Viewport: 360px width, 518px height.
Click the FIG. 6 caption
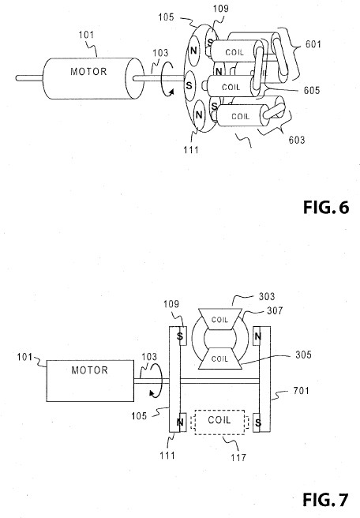pyautogui.click(x=326, y=208)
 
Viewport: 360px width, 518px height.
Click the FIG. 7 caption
pyautogui.click(x=325, y=500)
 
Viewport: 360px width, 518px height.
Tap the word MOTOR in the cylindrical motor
pyautogui.click(x=88, y=72)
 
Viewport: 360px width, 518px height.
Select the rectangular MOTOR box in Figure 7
pyautogui.click(x=90, y=381)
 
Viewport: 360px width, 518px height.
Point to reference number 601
pyautogui.click(x=313, y=44)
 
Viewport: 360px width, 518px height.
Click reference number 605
pyautogui.click(x=312, y=90)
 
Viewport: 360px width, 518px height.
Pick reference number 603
pyautogui.click(x=297, y=140)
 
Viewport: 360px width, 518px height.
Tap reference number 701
pyautogui.click(x=302, y=391)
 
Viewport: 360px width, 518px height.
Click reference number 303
pyautogui.click(x=267, y=296)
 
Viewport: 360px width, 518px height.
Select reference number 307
pyautogui.click(x=275, y=310)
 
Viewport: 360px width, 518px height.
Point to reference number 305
pyautogui.click(x=303, y=355)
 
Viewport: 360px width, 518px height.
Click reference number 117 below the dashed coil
pyautogui.click(x=238, y=457)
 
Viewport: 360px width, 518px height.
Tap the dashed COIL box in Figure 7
pyautogui.click(x=219, y=422)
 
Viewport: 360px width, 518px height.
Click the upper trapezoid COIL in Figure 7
pyautogui.click(x=220, y=319)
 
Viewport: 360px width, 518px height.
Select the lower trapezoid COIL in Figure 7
pyautogui.click(x=220, y=358)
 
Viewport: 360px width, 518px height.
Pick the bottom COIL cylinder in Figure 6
pyautogui.click(x=241, y=115)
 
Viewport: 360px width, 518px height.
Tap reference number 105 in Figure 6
pyautogui.click(x=166, y=17)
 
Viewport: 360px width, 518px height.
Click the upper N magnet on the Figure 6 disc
pyautogui.click(x=193, y=51)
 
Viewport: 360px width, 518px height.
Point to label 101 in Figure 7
pyautogui.click(x=24, y=357)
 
